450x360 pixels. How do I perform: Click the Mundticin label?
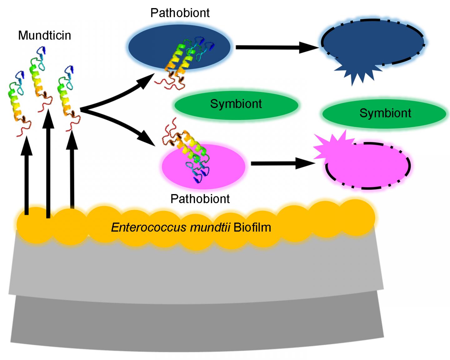[45, 35]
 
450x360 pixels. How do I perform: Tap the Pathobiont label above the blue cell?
[180, 13]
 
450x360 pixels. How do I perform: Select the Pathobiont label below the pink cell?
[200, 199]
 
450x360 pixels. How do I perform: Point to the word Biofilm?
[252, 227]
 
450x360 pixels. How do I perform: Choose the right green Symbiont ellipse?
[385, 113]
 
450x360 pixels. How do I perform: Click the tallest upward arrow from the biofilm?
[48, 162]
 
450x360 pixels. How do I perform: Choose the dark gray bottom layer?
[197, 325]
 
